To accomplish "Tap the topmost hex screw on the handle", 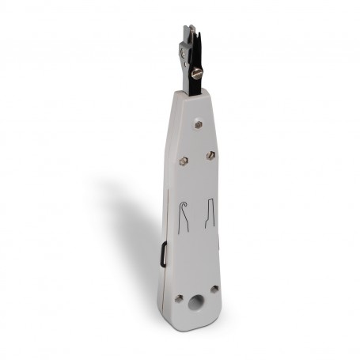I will pos(198,124).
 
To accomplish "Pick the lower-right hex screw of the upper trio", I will pos(211,155).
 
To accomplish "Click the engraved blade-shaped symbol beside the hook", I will pos(210,213).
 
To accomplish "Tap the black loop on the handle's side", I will pos(163,255).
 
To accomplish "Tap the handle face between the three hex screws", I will pos(197,146).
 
